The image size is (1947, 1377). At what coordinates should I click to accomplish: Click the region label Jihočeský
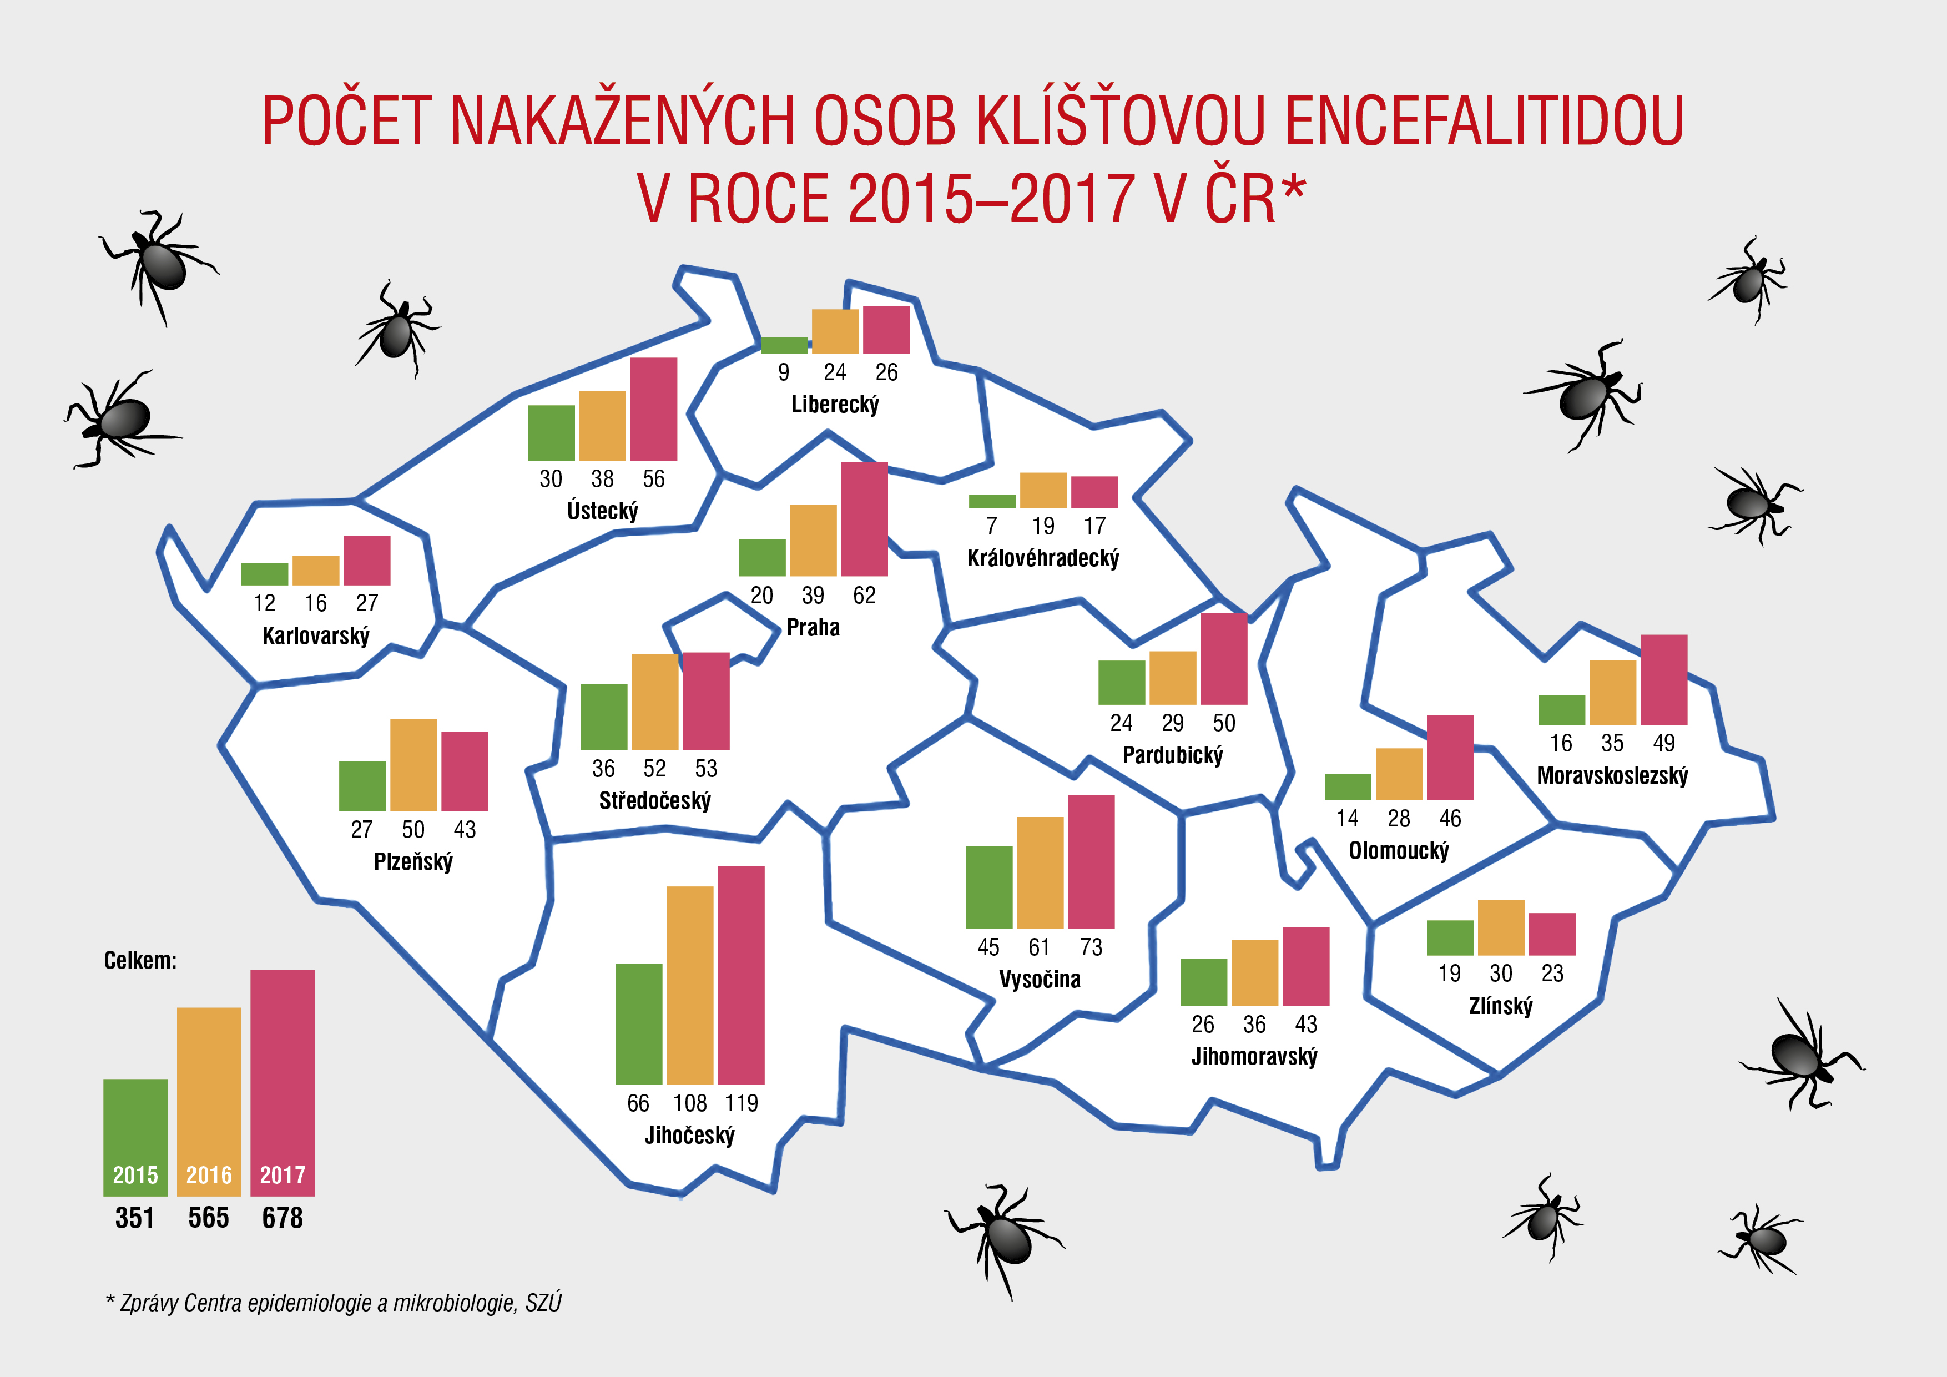pos(689,1136)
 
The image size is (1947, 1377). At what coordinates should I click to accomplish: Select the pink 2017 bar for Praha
pos(864,519)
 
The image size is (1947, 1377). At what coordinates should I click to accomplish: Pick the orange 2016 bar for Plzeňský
pos(413,765)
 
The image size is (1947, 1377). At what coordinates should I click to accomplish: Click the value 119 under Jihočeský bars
pos(741,1103)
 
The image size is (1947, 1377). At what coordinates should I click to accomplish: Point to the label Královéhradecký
pos(1043,558)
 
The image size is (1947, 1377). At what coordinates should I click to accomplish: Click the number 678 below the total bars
pos(283,1218)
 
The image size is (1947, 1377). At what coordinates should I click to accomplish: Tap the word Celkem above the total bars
pos(140,961)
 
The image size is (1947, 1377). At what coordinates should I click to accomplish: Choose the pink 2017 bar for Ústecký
pos(654,408)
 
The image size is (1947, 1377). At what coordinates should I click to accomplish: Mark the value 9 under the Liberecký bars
pos(784,372)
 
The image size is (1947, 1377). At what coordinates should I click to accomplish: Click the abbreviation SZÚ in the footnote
pos(543,1303)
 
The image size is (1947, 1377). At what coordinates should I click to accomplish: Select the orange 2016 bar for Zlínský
pos(1501,927)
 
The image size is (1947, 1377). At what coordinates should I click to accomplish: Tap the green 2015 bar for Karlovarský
pos(265,574)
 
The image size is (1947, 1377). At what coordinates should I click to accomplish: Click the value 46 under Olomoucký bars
pos(1450,818)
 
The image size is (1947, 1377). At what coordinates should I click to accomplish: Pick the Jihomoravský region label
pos(1254,1057)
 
